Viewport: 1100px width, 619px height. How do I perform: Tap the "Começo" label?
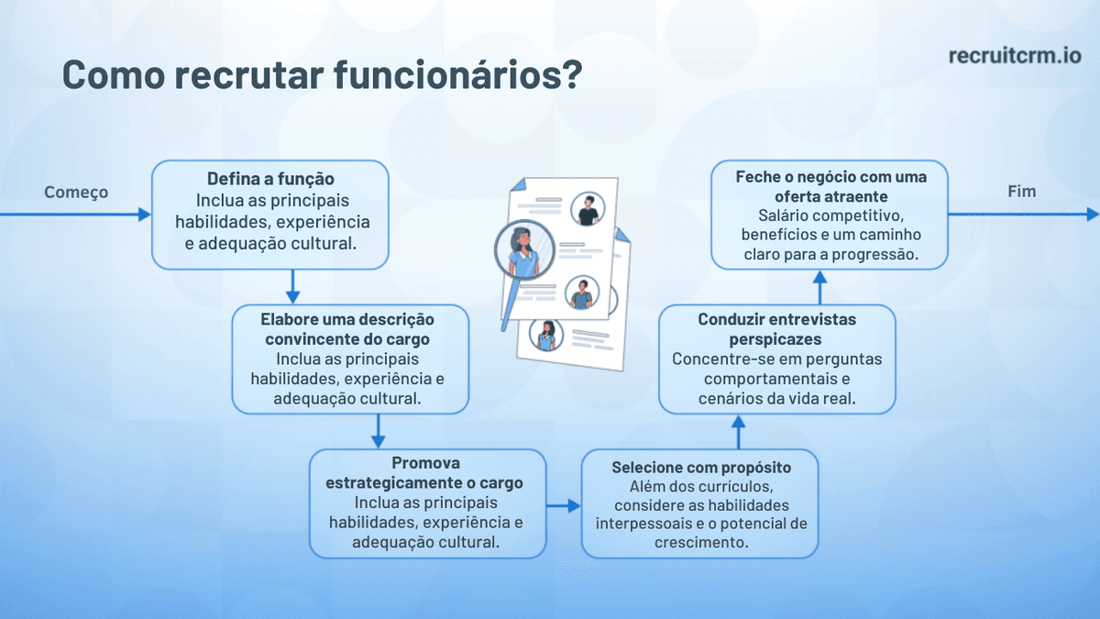[x=76, y=192]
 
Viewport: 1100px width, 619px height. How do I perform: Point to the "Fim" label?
[x=1021, y=192]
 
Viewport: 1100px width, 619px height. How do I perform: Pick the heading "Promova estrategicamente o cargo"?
[x=427, y=472]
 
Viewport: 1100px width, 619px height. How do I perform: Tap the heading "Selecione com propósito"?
[x=700, y=468]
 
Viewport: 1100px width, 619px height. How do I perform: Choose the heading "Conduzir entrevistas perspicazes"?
[x=776, y=329]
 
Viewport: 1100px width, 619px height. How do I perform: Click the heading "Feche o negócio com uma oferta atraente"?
[x=830, y=186]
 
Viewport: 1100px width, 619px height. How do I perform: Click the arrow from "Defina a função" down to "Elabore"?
[x=292, y=286]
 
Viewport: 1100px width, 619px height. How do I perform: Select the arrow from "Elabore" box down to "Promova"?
[x=378, y=430]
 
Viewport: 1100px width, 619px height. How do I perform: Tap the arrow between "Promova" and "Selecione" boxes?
[x=563, y=505]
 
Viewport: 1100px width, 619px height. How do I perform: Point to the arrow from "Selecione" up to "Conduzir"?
[x=738, y=430]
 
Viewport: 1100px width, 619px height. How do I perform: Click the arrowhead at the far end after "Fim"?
[x=1092, y=214]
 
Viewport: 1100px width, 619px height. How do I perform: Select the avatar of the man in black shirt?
[x=587, y=210]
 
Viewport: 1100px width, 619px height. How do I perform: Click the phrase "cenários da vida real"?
[x=776, y=398]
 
